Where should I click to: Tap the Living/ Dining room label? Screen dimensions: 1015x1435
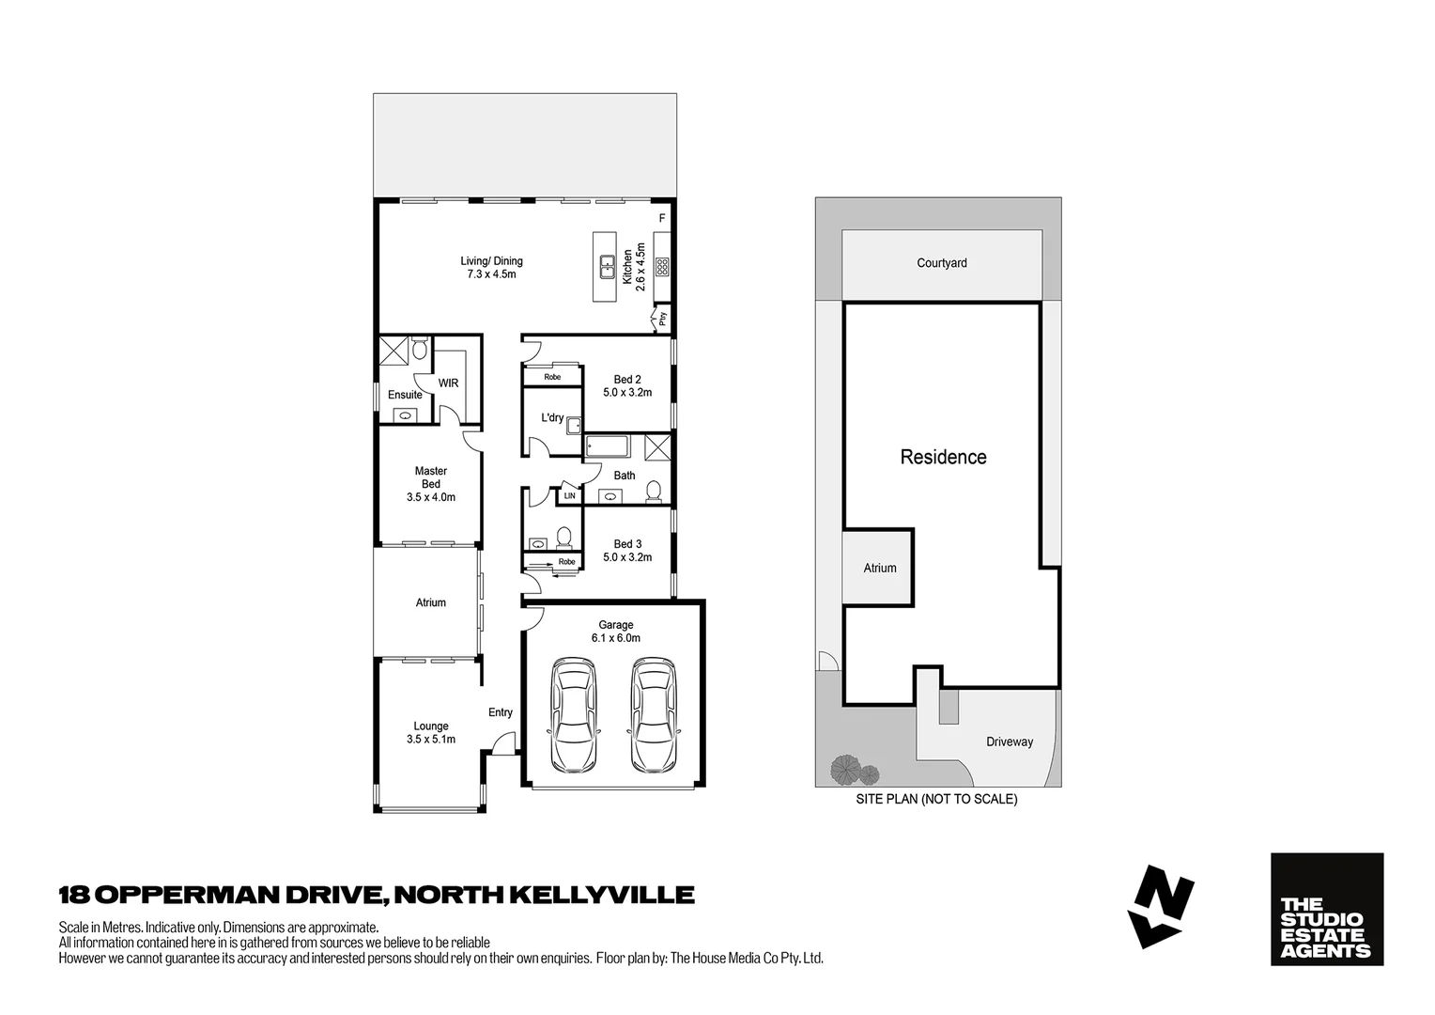tap(491, 261)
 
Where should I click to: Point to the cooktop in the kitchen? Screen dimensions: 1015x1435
tap(662, 267)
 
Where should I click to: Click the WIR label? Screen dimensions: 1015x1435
tap(449, 383)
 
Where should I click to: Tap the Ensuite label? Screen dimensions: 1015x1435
tap(405, 395)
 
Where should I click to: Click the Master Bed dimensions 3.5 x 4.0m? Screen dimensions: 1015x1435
tap(431, 497)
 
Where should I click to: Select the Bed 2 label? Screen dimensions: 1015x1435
tap(627, 380)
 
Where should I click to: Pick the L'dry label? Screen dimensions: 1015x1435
tap(552, 417)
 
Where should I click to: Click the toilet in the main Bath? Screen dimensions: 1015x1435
tap(656, 492)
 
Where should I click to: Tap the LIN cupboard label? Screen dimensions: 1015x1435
tap(569, 495)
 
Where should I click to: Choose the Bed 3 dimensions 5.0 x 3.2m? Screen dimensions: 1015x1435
tap(627, 557)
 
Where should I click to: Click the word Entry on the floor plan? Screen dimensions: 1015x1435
tap(501, 712)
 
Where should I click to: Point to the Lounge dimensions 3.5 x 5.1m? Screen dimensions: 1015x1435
tap(431, 740)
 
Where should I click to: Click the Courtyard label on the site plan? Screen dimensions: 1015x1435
tap(942, 263)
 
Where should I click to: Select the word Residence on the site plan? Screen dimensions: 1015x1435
tap(943, 458)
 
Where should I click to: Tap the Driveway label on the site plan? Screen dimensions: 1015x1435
tap(1010, 742)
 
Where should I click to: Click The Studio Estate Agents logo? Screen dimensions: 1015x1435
tap(1326, 909)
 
